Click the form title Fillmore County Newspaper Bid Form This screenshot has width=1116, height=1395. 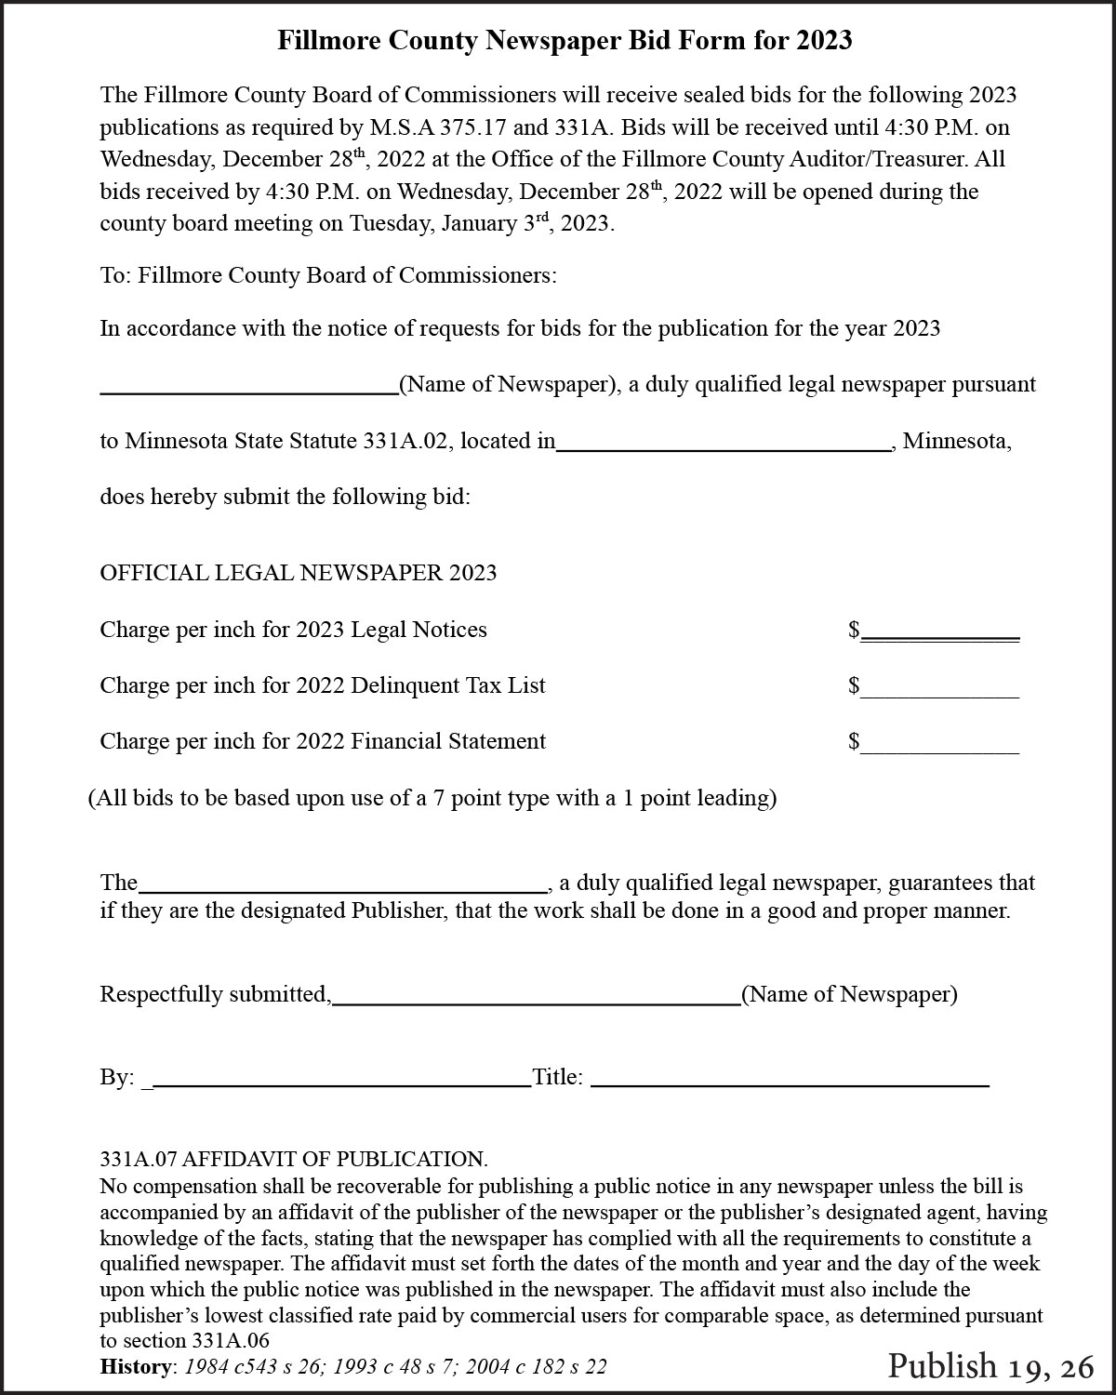(565, 40)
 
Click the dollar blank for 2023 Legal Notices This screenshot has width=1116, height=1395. (939, 634)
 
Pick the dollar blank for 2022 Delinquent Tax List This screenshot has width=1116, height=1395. (939, 691)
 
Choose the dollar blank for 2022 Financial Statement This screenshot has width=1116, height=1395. (939, 747)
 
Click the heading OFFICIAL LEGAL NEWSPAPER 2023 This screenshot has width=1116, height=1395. (298, 573)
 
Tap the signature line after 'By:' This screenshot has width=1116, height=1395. (340, 1082)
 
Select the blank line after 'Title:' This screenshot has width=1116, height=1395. (790, 1082)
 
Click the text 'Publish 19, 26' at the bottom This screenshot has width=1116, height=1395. (990, 1366)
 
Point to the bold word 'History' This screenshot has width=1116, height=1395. (137, 1366)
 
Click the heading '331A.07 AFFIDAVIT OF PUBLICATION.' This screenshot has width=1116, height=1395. (293, 1160)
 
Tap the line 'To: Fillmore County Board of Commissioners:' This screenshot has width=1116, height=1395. (328, 276)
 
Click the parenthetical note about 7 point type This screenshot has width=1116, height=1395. (432, 798)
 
